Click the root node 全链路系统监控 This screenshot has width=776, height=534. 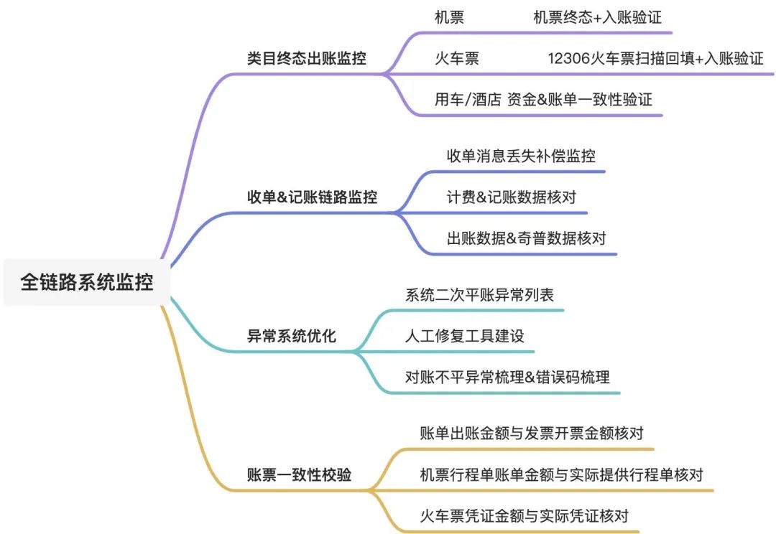point(87,281)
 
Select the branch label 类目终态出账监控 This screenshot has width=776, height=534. point(306,59)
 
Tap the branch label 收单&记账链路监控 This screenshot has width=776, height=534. point(312,197)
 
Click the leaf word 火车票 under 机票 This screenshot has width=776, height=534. point(456,59)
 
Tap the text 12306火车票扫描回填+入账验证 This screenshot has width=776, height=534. point(655,59)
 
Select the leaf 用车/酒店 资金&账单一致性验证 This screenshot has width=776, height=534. point(543,100)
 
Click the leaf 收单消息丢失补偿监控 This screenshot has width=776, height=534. point(521,156)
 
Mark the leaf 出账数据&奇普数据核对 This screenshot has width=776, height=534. point(526,238)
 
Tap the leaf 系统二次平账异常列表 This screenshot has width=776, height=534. point(479,294)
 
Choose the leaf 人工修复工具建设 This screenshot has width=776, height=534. point(464,336)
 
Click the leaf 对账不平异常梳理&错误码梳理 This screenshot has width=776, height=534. point(507,377)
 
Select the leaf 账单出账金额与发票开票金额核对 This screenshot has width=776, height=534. point(531,433)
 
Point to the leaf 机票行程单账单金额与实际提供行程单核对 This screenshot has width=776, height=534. point(561,474)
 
